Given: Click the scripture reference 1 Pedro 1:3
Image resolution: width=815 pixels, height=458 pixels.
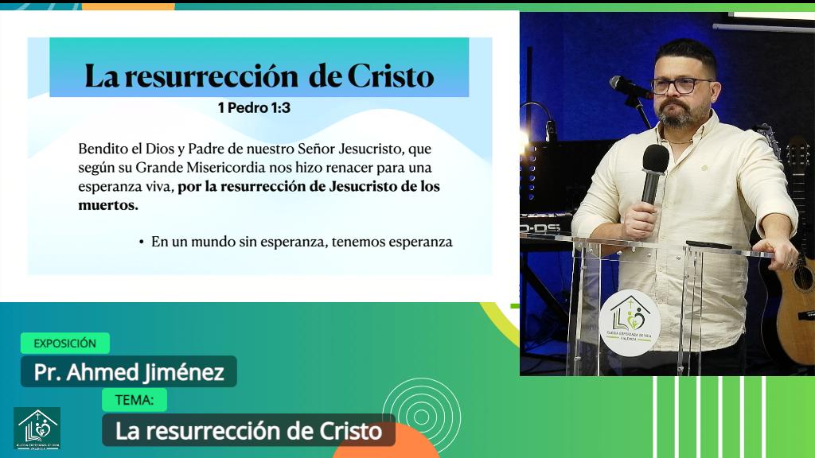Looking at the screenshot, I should point(254,108).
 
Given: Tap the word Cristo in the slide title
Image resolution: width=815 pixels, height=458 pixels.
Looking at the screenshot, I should point(391,76).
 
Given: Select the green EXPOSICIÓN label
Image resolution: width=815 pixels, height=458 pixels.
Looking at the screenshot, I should point(64,343).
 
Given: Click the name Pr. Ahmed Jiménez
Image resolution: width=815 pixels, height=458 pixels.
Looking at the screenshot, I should point(129,372).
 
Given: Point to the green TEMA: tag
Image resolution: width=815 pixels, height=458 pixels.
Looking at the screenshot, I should point(135,400).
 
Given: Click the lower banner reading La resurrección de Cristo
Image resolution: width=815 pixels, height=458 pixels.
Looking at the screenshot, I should point(248,431).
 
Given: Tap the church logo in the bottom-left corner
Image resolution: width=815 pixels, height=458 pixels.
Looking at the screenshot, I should point(37,429).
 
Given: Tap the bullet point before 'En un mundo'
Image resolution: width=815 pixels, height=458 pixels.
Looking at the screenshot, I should point(141,242).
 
